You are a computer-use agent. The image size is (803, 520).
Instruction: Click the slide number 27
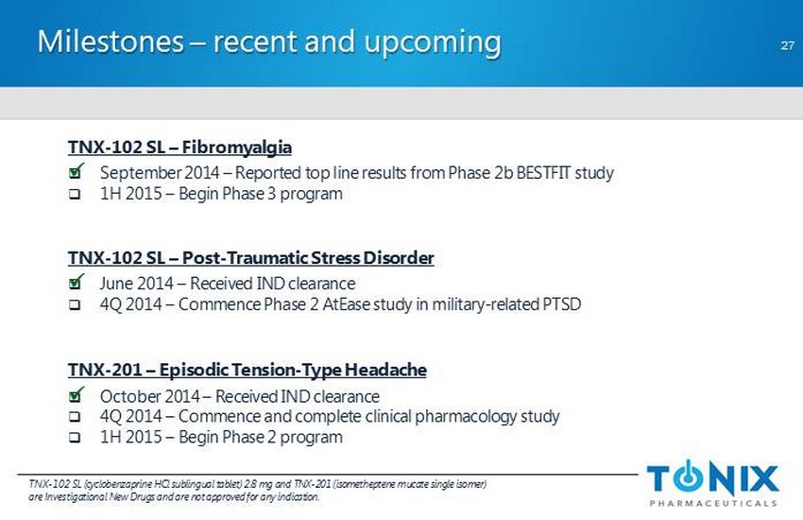click(x=787, y=45)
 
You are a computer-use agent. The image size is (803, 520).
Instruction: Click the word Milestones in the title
click(x=111, y=41)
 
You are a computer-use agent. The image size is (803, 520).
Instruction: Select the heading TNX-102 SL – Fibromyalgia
click(x=179, y=147)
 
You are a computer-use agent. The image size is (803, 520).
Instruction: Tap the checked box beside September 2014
click(x=76, y=171)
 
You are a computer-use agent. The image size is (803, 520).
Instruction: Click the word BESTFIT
click(x=543, y=173)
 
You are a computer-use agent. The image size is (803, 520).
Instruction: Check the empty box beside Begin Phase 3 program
click(x=75, y=195)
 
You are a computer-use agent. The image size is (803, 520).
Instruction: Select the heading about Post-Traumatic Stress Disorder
click(x=251, y=258)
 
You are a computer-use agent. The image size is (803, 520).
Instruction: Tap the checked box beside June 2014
click(x=76, y=282)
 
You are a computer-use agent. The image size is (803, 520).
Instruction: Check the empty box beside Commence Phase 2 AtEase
click(x=75, y=305)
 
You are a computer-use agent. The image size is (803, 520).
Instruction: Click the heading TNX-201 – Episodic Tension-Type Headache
click(x=248, y=370)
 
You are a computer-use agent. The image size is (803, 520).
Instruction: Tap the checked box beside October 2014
click(x=76, y=394)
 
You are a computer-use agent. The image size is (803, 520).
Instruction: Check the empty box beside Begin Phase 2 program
click(x=75, y=438)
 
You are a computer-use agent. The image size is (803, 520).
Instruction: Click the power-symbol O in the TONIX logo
click(x=690, y=477)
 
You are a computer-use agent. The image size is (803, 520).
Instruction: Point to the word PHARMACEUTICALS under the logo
click(x=713, y=504)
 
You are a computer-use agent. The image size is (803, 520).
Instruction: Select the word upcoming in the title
click(x=433, y=43)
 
